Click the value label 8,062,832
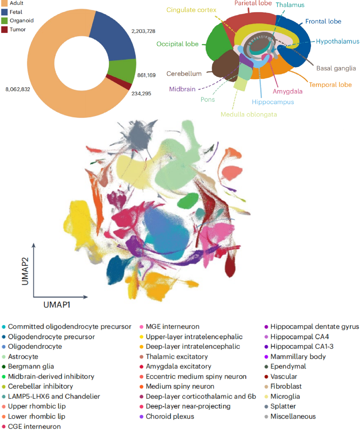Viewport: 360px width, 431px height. (18, 89)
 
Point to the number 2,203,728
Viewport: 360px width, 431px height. (143, 31)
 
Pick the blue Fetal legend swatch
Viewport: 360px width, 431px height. (4, 12)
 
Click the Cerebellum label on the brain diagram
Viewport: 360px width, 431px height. (184, 74)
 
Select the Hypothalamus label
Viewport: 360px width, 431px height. (337, 41)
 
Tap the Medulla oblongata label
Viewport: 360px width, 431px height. (249, 114)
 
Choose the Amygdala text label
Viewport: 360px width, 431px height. (288, 91)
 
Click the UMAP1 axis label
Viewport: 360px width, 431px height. (57, 305)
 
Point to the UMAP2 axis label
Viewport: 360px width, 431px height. (25, 271)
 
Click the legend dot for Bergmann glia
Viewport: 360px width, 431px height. (4, 367)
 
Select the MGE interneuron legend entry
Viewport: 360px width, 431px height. (172, 327)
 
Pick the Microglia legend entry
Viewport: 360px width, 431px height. (285, 396)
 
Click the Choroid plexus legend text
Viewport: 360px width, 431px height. (170, 416)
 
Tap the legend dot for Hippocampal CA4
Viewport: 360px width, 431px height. (266, 337)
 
